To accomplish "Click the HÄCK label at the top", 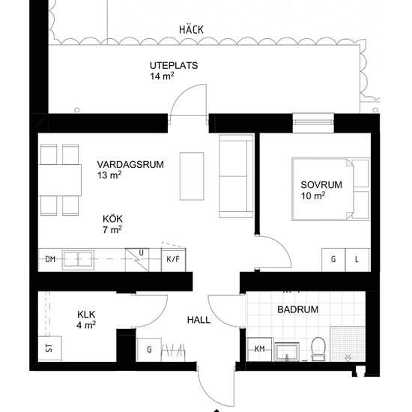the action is tap(191, 29).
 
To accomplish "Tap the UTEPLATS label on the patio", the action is tap(174, 65).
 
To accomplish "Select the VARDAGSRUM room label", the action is tap(130, 165).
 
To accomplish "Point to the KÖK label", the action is tap(112, 219).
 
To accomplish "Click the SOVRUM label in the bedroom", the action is tap(321, 185).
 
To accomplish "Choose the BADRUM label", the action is tap(298, 309).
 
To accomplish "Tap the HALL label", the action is tap(199, 320).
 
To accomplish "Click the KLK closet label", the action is tap(86, 315).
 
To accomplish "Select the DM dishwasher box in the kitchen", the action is tap(50, 260).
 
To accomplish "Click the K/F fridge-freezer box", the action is tap(174, 260).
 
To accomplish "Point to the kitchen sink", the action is tap(78, 260).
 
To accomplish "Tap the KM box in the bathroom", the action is tap(260, 349).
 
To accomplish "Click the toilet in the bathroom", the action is tap(318, 349).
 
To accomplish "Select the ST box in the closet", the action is tap(50, 348).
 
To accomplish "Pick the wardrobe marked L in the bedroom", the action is tap(357, 260).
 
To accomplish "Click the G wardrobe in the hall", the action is tap(149, 350).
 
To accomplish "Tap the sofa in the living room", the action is tap(236, 176).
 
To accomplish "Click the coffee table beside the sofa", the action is tap(192, 176).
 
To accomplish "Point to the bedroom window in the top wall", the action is tap(313, 123).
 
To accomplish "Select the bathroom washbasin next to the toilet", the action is tap(287, 352).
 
